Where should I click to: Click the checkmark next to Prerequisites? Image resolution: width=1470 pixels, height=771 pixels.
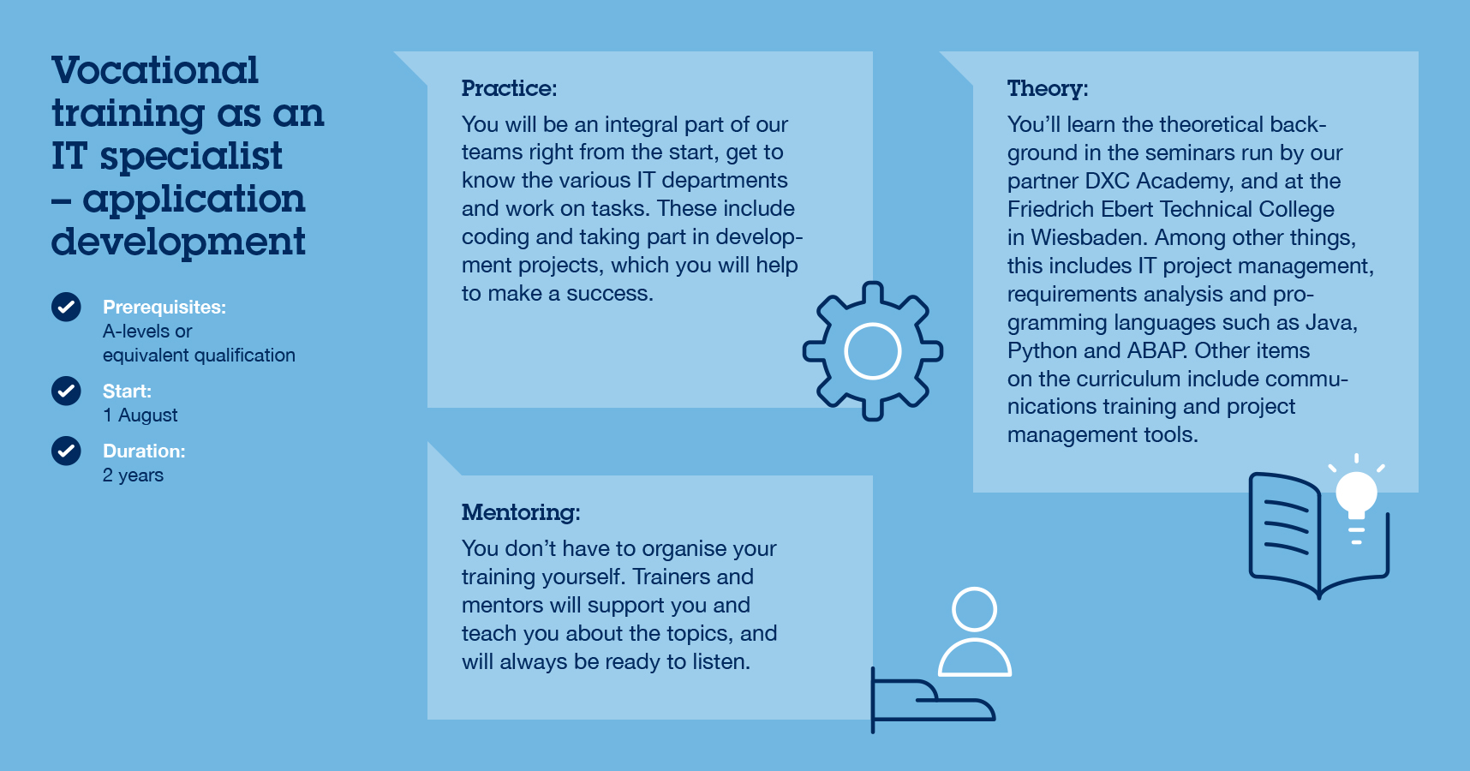pyautogui.click(x=66, y=307)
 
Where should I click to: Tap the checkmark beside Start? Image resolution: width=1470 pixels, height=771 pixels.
pyautogui.click(x=66, y=391)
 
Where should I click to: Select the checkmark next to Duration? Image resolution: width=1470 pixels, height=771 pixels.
pyautogui.click(x=66, y=451)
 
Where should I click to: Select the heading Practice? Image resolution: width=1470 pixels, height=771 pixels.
pyautogui.click(x=509, y=88)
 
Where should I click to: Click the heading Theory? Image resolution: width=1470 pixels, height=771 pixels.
pyautogui.click(x=1048, y=89)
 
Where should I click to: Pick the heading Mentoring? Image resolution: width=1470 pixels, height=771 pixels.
pyautogui.click(x=521, y=513)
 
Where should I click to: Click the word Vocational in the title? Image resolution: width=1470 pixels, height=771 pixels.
pyautogui.click(x=155, y=70)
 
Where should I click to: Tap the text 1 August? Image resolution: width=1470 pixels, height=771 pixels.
pyautogui.click(x=140, y=415)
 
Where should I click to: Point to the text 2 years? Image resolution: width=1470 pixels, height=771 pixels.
pyautogui.click(x=133, y=475)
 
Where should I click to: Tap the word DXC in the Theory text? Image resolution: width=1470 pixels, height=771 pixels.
pyautogui.click(x=1107, y=181)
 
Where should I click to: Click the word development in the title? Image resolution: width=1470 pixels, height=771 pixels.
pyautogui.click(x=178, y=242)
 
